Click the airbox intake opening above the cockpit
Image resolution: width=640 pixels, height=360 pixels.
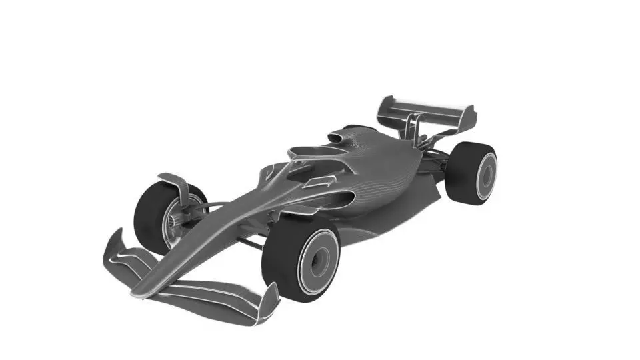click(x=337, y=137)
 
